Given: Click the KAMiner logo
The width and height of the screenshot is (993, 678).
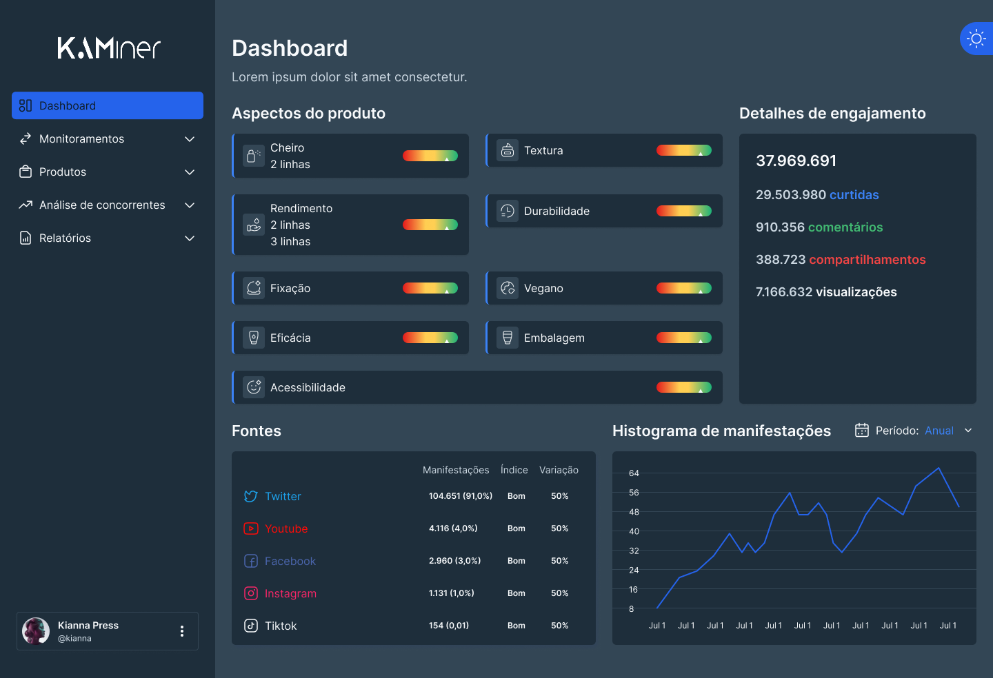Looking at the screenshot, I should click(108, 48).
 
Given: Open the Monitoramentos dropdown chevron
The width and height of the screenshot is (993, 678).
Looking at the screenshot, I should click(190, 139).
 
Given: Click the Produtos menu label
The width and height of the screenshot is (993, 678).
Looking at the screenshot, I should click(63, 172).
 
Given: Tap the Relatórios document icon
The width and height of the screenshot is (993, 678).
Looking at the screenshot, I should click(26, 238).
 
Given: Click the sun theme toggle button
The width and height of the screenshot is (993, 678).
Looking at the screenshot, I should click(976, 39).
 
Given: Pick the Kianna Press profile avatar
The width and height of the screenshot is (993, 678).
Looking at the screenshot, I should click(36, 631).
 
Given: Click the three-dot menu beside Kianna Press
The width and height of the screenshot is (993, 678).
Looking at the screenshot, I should click(182, 631).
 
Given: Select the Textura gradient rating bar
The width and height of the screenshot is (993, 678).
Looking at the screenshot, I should click(683, 151).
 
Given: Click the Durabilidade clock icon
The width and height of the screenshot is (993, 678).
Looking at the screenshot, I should click(508, 212).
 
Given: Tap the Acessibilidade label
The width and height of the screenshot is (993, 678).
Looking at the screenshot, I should click(308, 388).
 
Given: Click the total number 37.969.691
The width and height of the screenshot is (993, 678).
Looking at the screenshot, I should click(796, 161).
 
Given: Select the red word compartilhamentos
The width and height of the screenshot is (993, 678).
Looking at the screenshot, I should click(867, 260).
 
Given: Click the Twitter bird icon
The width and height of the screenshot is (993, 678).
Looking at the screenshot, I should click(251, 497).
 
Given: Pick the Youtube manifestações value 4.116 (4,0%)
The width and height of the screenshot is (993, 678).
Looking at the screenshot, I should click(453, 528).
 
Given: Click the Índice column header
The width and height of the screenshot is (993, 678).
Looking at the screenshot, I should click(514, 470).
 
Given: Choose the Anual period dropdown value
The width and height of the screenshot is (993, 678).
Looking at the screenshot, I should click(939, 431).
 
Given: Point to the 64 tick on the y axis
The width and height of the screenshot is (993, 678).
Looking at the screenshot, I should click(634, 473).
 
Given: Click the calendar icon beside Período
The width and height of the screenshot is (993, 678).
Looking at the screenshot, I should click(861, 431).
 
